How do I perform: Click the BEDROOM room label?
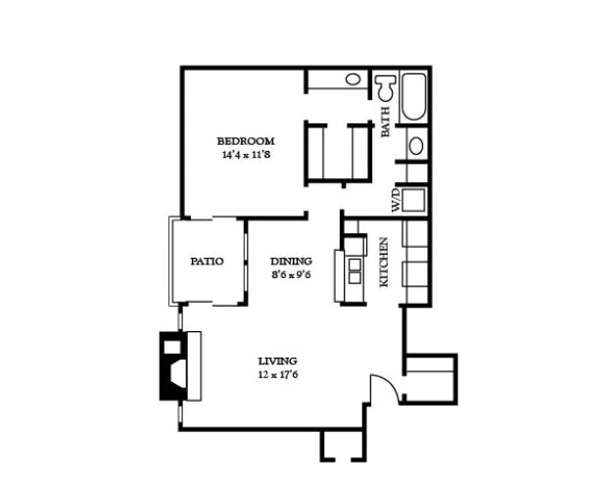coord(246,141)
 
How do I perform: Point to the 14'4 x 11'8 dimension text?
coord(246,155)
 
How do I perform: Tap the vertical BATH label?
coord(386,121)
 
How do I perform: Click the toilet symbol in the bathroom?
coord(385,87)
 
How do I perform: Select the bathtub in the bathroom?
coord(414,97)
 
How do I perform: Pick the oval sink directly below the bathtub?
coord(416,146)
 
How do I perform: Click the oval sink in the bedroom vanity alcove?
coord(353,79)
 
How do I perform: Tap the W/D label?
coord(397,200)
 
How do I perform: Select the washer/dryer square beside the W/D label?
coord(414,200)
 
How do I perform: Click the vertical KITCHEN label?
coord(384,262)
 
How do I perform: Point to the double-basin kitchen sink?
coord(355,271)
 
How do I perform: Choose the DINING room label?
coord(292,261)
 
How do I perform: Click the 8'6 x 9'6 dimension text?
coord(292,274)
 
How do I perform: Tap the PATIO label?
coord(207,262)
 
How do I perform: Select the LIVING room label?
coord(278,361)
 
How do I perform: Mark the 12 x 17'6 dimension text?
coord(278,374)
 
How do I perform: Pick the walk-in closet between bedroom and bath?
coord(338,153)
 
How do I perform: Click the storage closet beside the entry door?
coord(430,379)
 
